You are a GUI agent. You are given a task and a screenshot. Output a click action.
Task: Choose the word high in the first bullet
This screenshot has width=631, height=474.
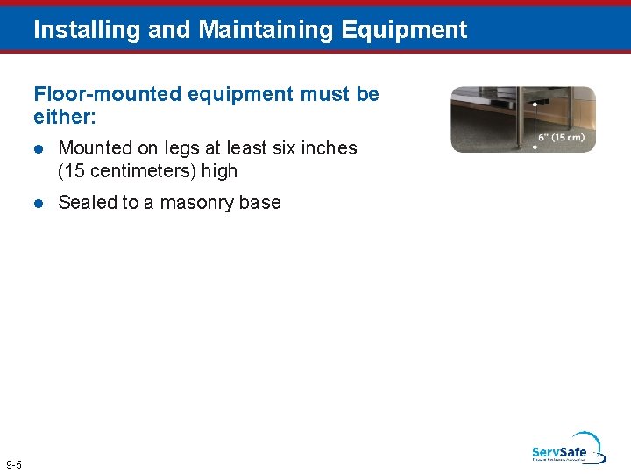tap(220, 171)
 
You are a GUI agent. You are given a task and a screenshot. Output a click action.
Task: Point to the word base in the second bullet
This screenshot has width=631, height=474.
tap(260, 203)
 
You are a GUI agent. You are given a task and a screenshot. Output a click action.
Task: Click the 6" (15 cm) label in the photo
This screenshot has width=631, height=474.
tap(562, 137)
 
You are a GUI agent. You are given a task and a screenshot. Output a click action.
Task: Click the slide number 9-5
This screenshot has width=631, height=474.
tap(14, 464)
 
